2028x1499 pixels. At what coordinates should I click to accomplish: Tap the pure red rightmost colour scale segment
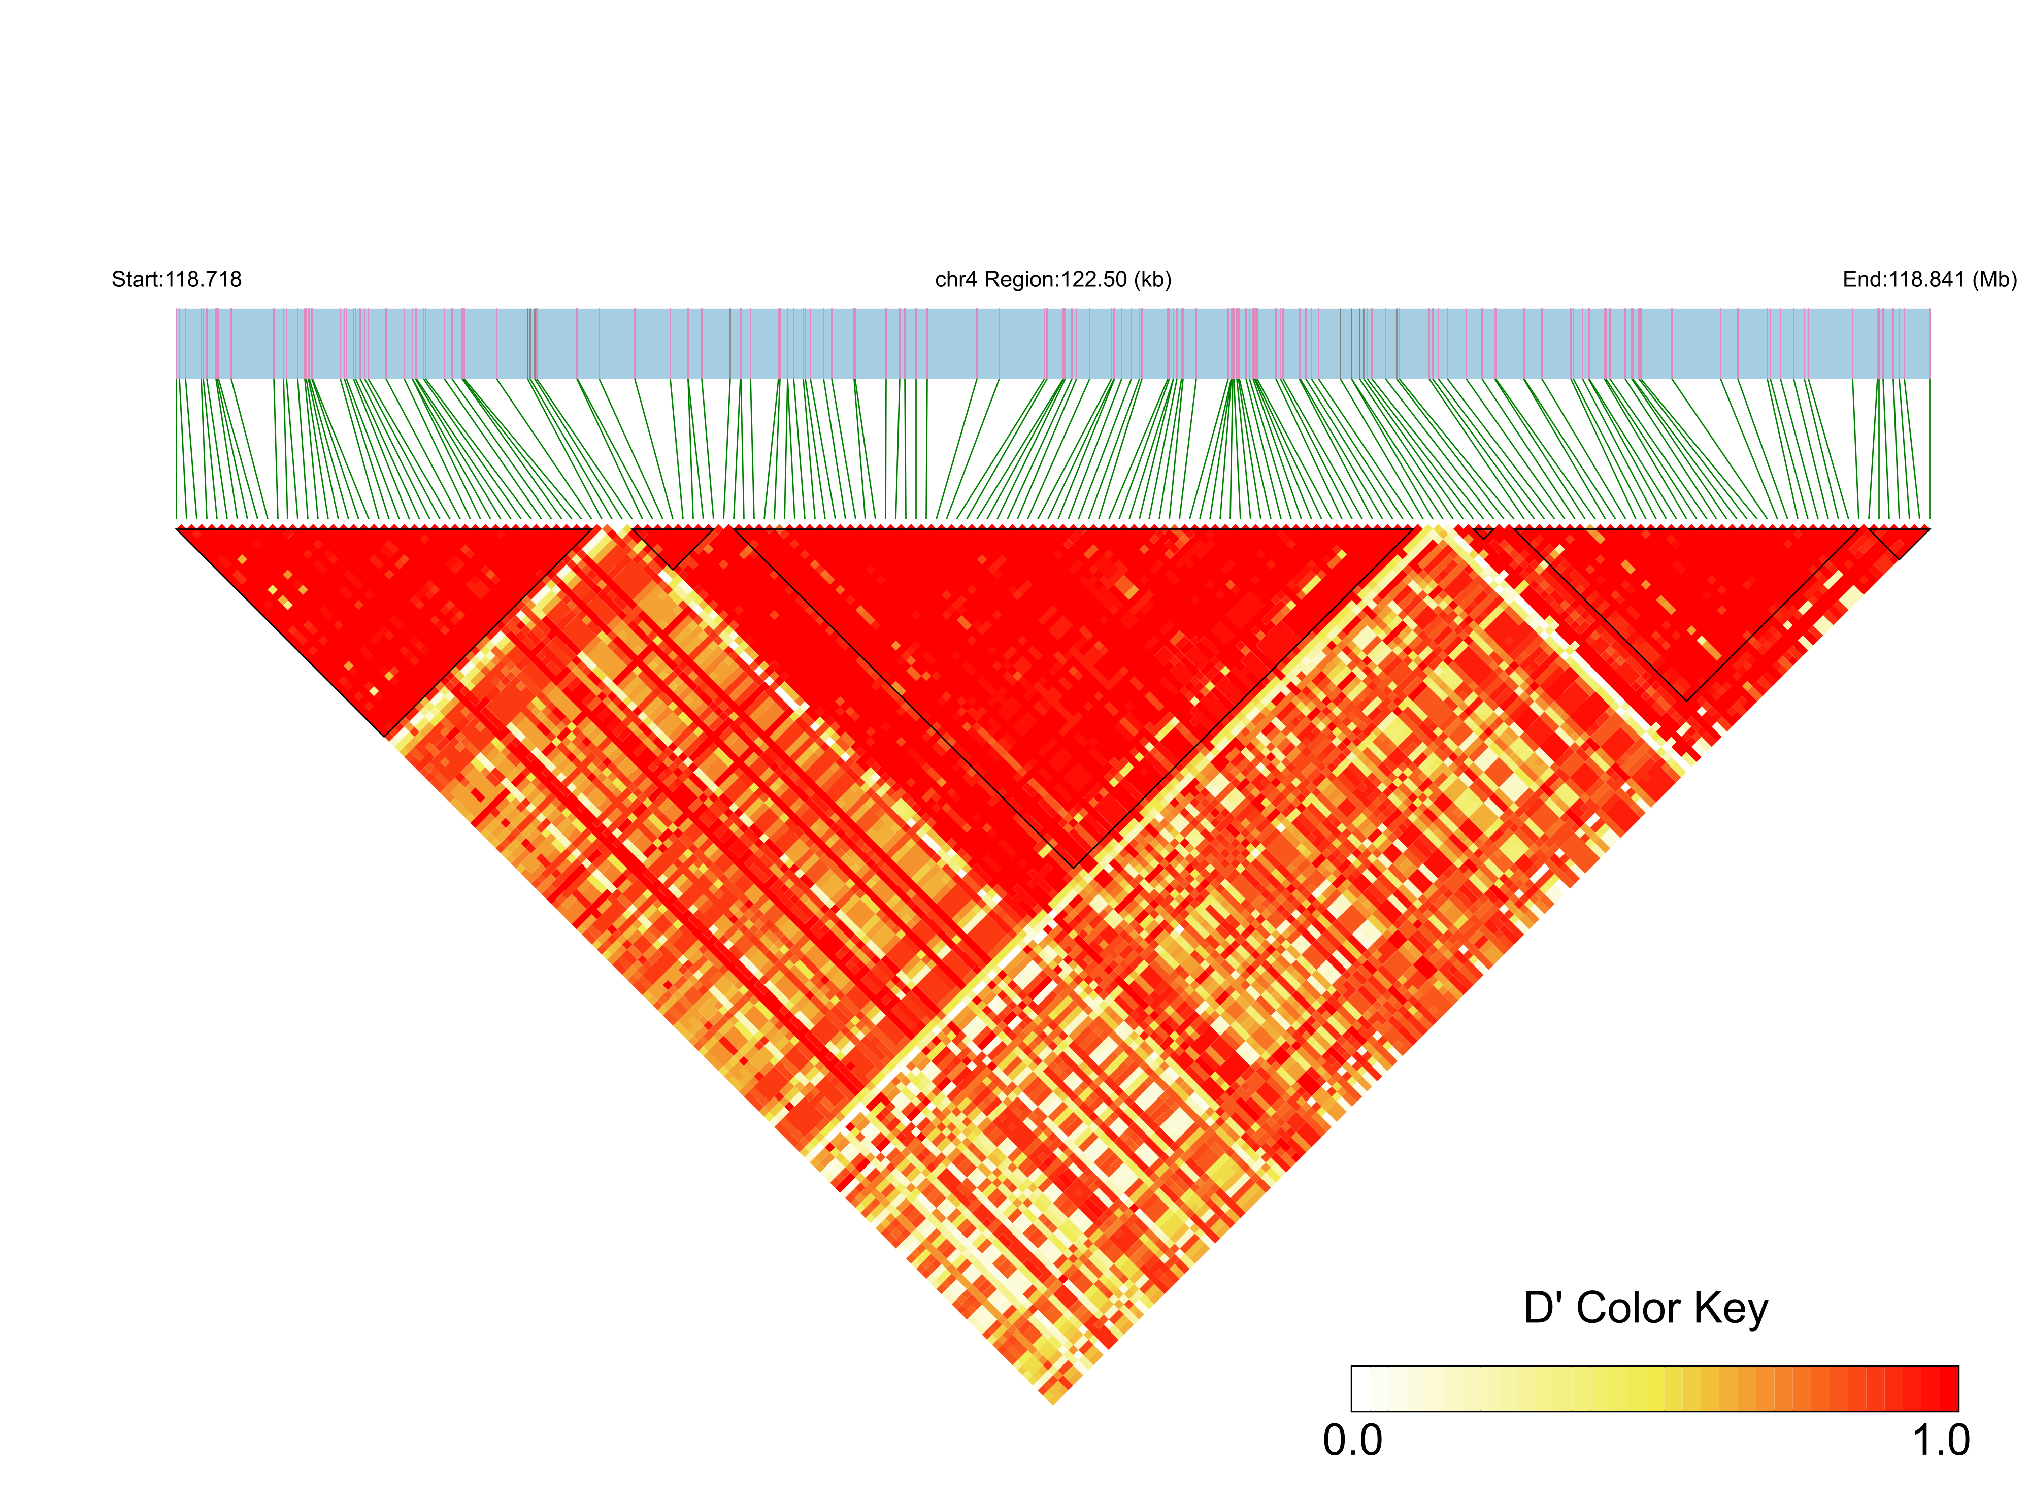click(x=1948, y=1388)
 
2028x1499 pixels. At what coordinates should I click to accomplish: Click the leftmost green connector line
click(x=177, y=449)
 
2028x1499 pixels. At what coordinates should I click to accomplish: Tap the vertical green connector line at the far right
click(x=1929, y=449)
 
